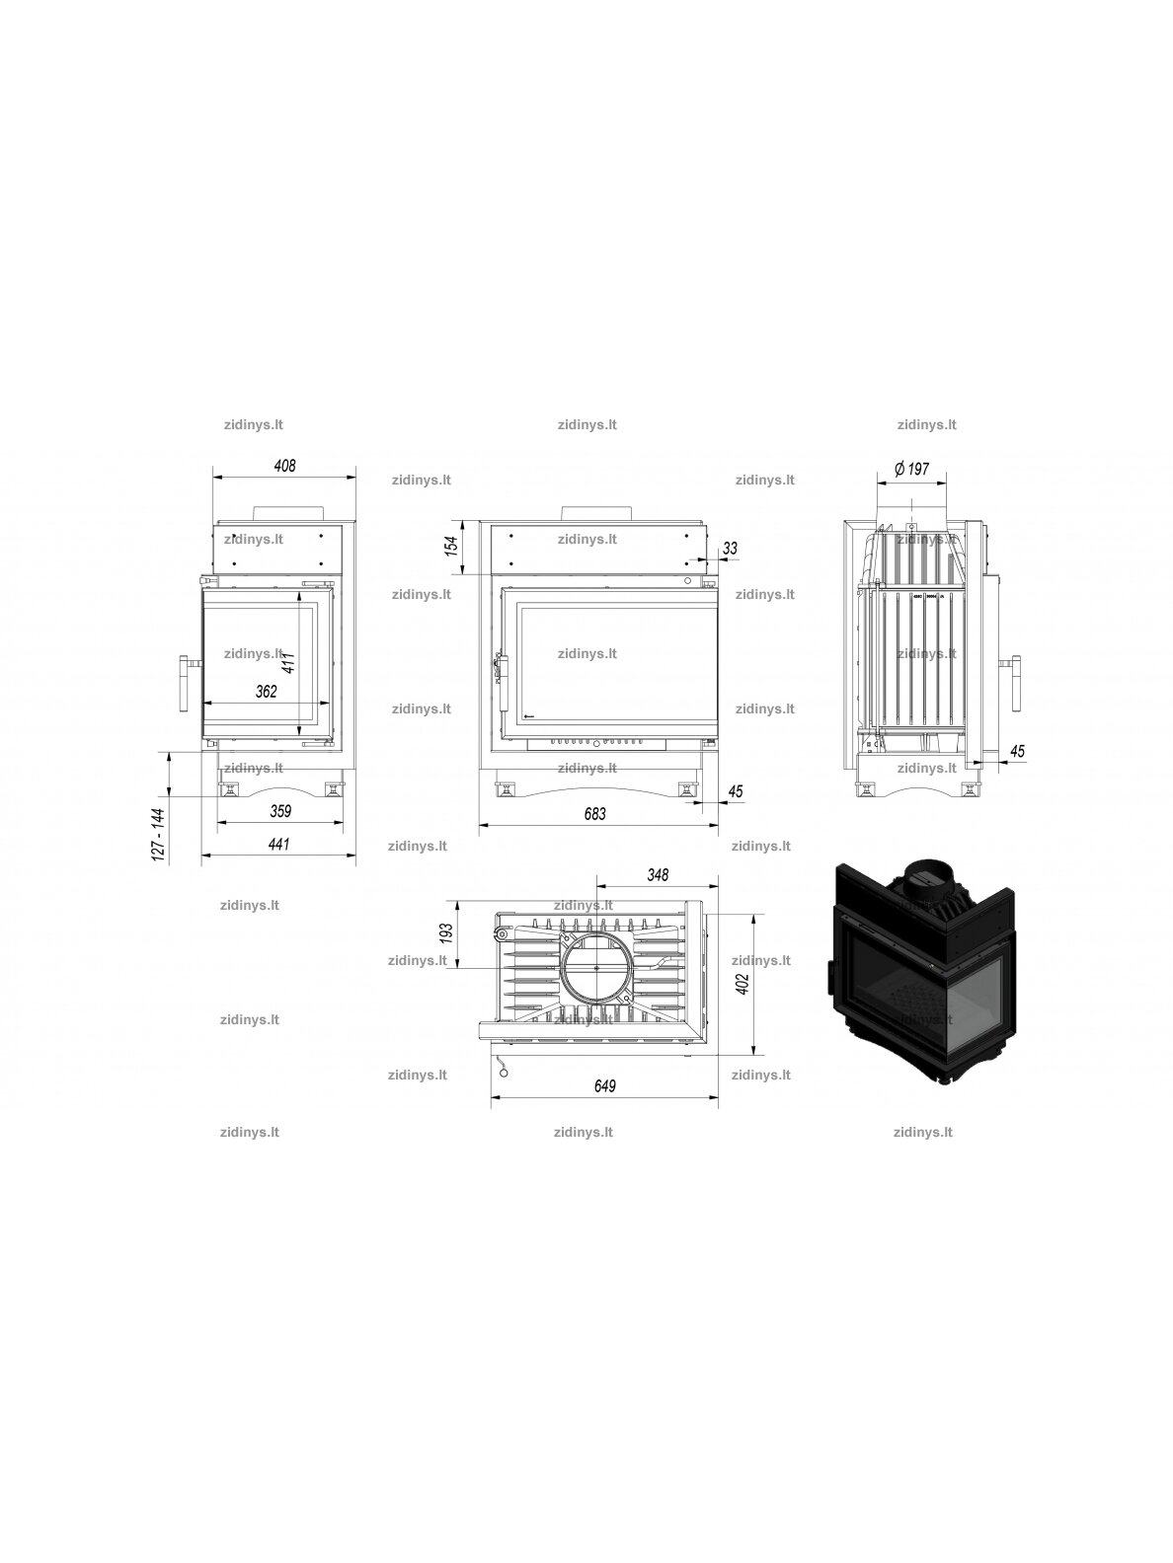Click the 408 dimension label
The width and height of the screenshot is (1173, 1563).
pyautogui.click(x=285, y=466)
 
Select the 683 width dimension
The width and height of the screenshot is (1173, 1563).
pyautogui.click(x=594, y=814)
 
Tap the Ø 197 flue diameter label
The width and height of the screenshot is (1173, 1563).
pyautogui.click(x=911, y=469)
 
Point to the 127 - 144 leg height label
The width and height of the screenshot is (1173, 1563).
pyautogui.click(x=159, y=835)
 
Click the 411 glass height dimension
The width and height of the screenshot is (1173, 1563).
pyautogui.click(x=288, y=663)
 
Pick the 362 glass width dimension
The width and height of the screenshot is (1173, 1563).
pyautogui.click(x=267, y=692)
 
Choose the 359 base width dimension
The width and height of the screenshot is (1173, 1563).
pyautogui.click(x=279, y=811)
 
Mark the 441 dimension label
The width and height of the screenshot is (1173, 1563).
pyautogui.click(x=278, y=844)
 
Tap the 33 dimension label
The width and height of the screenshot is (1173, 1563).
pyautogui.click(x=730, y=549)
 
